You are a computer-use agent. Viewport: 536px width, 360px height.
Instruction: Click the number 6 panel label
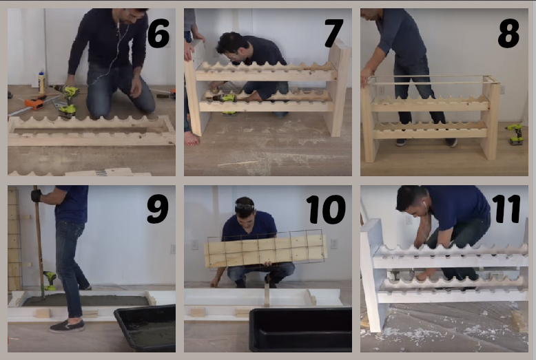158,33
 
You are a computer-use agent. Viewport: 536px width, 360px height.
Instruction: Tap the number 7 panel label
333,33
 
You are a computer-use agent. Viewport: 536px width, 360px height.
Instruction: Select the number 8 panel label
508,33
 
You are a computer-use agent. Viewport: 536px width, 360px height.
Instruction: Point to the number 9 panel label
158,209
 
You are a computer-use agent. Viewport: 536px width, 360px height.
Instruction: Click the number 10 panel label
325,209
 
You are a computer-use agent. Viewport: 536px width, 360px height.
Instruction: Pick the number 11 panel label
506,209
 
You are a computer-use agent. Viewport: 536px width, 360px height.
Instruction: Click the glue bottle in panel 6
42,83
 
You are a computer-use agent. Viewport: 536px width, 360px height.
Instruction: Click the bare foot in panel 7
192,138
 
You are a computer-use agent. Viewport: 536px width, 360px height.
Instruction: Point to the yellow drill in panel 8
515,134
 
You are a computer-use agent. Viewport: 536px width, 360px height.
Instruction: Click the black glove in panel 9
36,195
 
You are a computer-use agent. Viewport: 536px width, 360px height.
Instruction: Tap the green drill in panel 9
50,280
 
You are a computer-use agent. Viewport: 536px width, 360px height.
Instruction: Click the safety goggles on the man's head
245,206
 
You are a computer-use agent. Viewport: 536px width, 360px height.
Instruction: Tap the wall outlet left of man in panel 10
194,244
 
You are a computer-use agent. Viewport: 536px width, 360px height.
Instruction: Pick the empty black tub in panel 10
300,329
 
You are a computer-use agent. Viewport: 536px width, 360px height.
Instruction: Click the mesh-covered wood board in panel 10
265,251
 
